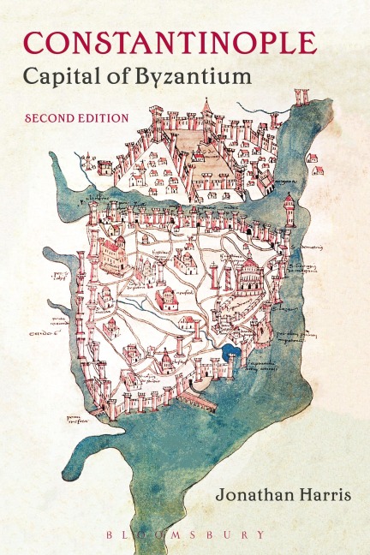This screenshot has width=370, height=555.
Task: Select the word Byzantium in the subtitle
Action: [x=200, y=76]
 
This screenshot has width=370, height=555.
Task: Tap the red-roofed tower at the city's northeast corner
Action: [x=289, y=204]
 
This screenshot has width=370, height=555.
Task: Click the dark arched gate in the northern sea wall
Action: [x=248, y=230]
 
